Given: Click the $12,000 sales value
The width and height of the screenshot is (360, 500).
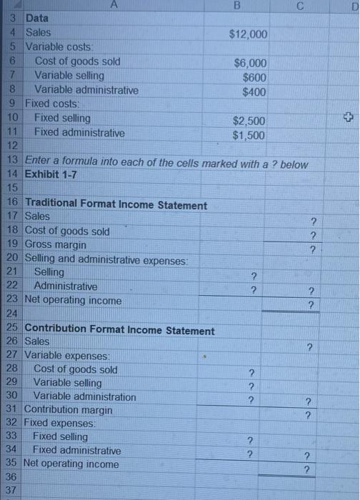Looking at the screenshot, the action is point(248,34).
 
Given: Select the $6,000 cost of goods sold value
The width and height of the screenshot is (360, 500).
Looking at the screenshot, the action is point(250,63).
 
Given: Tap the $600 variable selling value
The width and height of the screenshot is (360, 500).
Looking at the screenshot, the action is point(254,77).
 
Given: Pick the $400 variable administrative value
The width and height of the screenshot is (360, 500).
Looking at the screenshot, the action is point(254,91).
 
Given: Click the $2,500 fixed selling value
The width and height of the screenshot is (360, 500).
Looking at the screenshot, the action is point(249,121).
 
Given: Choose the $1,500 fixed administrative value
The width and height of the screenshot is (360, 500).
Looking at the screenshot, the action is point(249,135).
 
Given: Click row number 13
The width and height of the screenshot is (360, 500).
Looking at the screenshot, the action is point(11,164).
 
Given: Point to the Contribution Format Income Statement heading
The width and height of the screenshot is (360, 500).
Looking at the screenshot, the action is point(119,331).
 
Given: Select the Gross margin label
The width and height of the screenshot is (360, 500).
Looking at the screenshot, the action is point(56,244).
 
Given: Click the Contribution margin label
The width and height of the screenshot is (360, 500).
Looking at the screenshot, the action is point(68,410).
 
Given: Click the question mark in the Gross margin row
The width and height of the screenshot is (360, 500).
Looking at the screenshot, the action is point(309,249).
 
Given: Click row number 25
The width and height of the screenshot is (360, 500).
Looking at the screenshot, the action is point(11,330).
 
